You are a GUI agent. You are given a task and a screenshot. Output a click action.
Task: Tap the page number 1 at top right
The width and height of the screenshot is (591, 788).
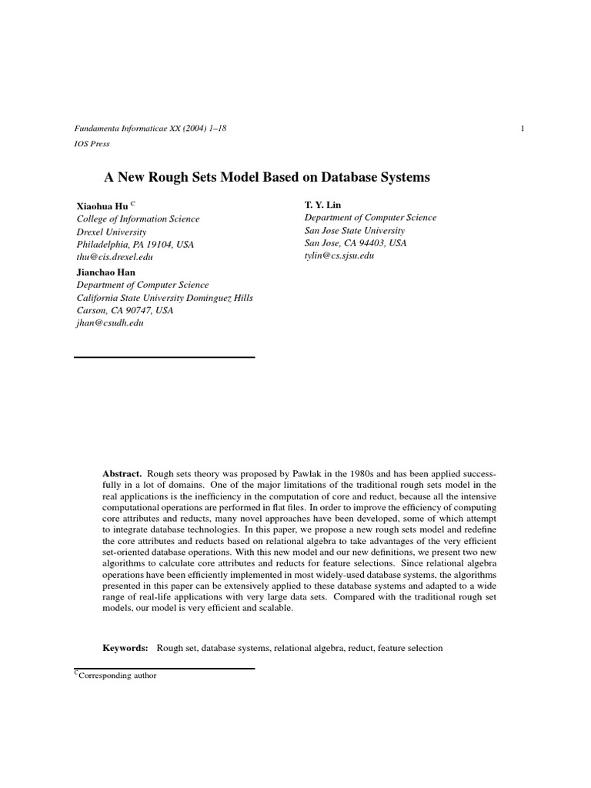(x=523, y=129)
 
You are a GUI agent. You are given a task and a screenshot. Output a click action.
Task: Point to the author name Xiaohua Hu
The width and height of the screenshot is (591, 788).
(x=102, y=206)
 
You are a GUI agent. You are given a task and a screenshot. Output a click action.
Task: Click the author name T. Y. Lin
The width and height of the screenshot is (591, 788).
(x=322, y=205)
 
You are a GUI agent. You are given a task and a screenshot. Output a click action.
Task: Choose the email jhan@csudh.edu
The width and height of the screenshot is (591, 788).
(x=110, y=323)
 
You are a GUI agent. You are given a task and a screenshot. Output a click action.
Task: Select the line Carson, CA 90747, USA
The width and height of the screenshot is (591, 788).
(x=125, y=310)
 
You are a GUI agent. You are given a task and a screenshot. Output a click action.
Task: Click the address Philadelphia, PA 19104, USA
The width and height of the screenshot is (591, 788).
(x=135, y=244)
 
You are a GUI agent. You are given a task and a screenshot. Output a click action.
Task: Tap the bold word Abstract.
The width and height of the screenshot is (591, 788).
(x=122, y=472)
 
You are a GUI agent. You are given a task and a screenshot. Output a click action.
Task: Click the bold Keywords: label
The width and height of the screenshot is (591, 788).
(x=125, y=648)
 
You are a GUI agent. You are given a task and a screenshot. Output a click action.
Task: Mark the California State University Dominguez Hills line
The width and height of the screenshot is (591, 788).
(x=165, y=298)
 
